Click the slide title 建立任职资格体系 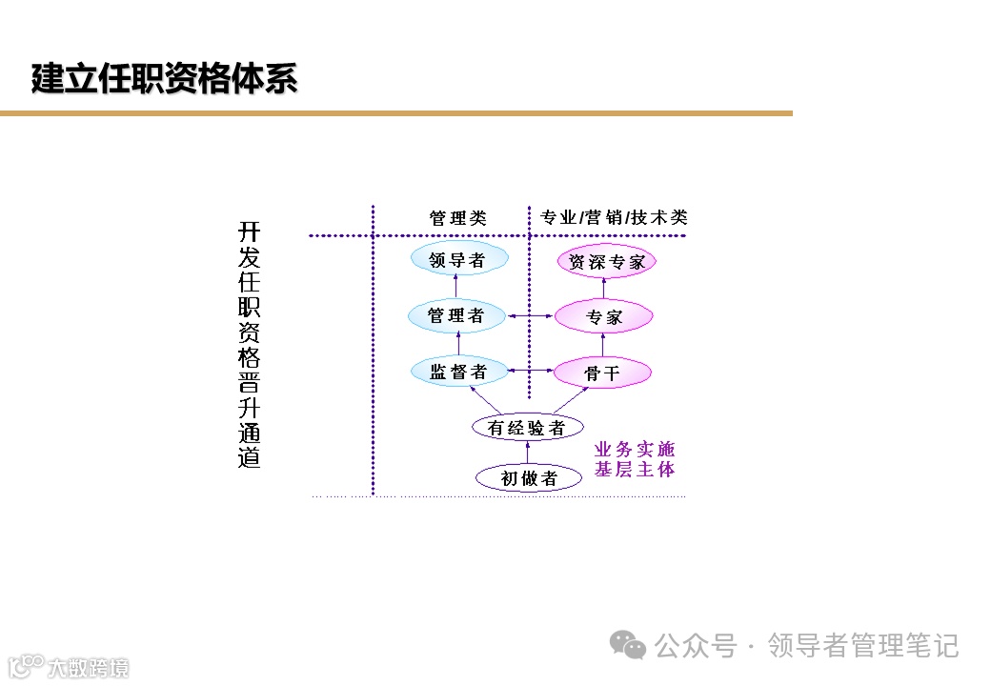click(164, 80)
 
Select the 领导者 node click(458, 259)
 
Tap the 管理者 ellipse click(456, 315)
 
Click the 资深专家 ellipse click(606, 262)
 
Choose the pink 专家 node click(603, 317)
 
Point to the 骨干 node click(602, 373)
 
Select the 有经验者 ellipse click(526, 428)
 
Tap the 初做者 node click(529, 478)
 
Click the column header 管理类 click(457, 218)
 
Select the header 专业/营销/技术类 click(614, 218)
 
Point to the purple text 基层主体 click(636, 470)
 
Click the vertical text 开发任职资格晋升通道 click(249, 345)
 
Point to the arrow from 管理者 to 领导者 click(456, 286)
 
